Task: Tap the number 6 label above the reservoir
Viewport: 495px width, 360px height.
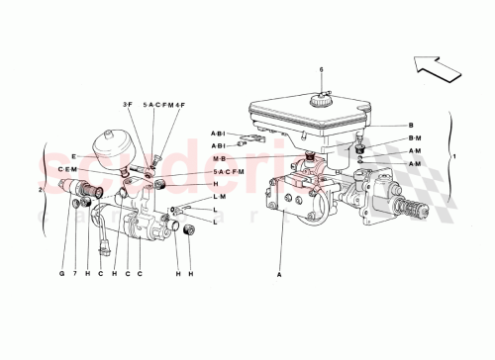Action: pyautogui.click(x=321, y=69)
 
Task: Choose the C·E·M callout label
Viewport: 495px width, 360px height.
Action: pyautogui.click(x=67, y=169)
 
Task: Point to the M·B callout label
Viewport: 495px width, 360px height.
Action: pyautogui.click(x=218, y=158)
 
